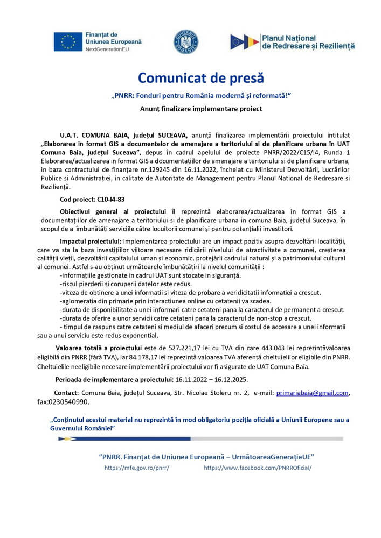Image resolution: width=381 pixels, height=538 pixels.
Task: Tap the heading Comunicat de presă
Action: (x=201, y=78)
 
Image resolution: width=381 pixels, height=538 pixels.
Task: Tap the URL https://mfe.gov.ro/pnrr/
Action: (x=137, y=468)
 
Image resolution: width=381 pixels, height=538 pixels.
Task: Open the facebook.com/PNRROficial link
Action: (x=258, y=468)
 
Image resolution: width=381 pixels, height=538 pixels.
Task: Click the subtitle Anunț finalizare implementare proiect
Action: (x=200, y=109)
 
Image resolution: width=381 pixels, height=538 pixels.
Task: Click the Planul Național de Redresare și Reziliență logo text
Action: (x=308, y=42)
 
